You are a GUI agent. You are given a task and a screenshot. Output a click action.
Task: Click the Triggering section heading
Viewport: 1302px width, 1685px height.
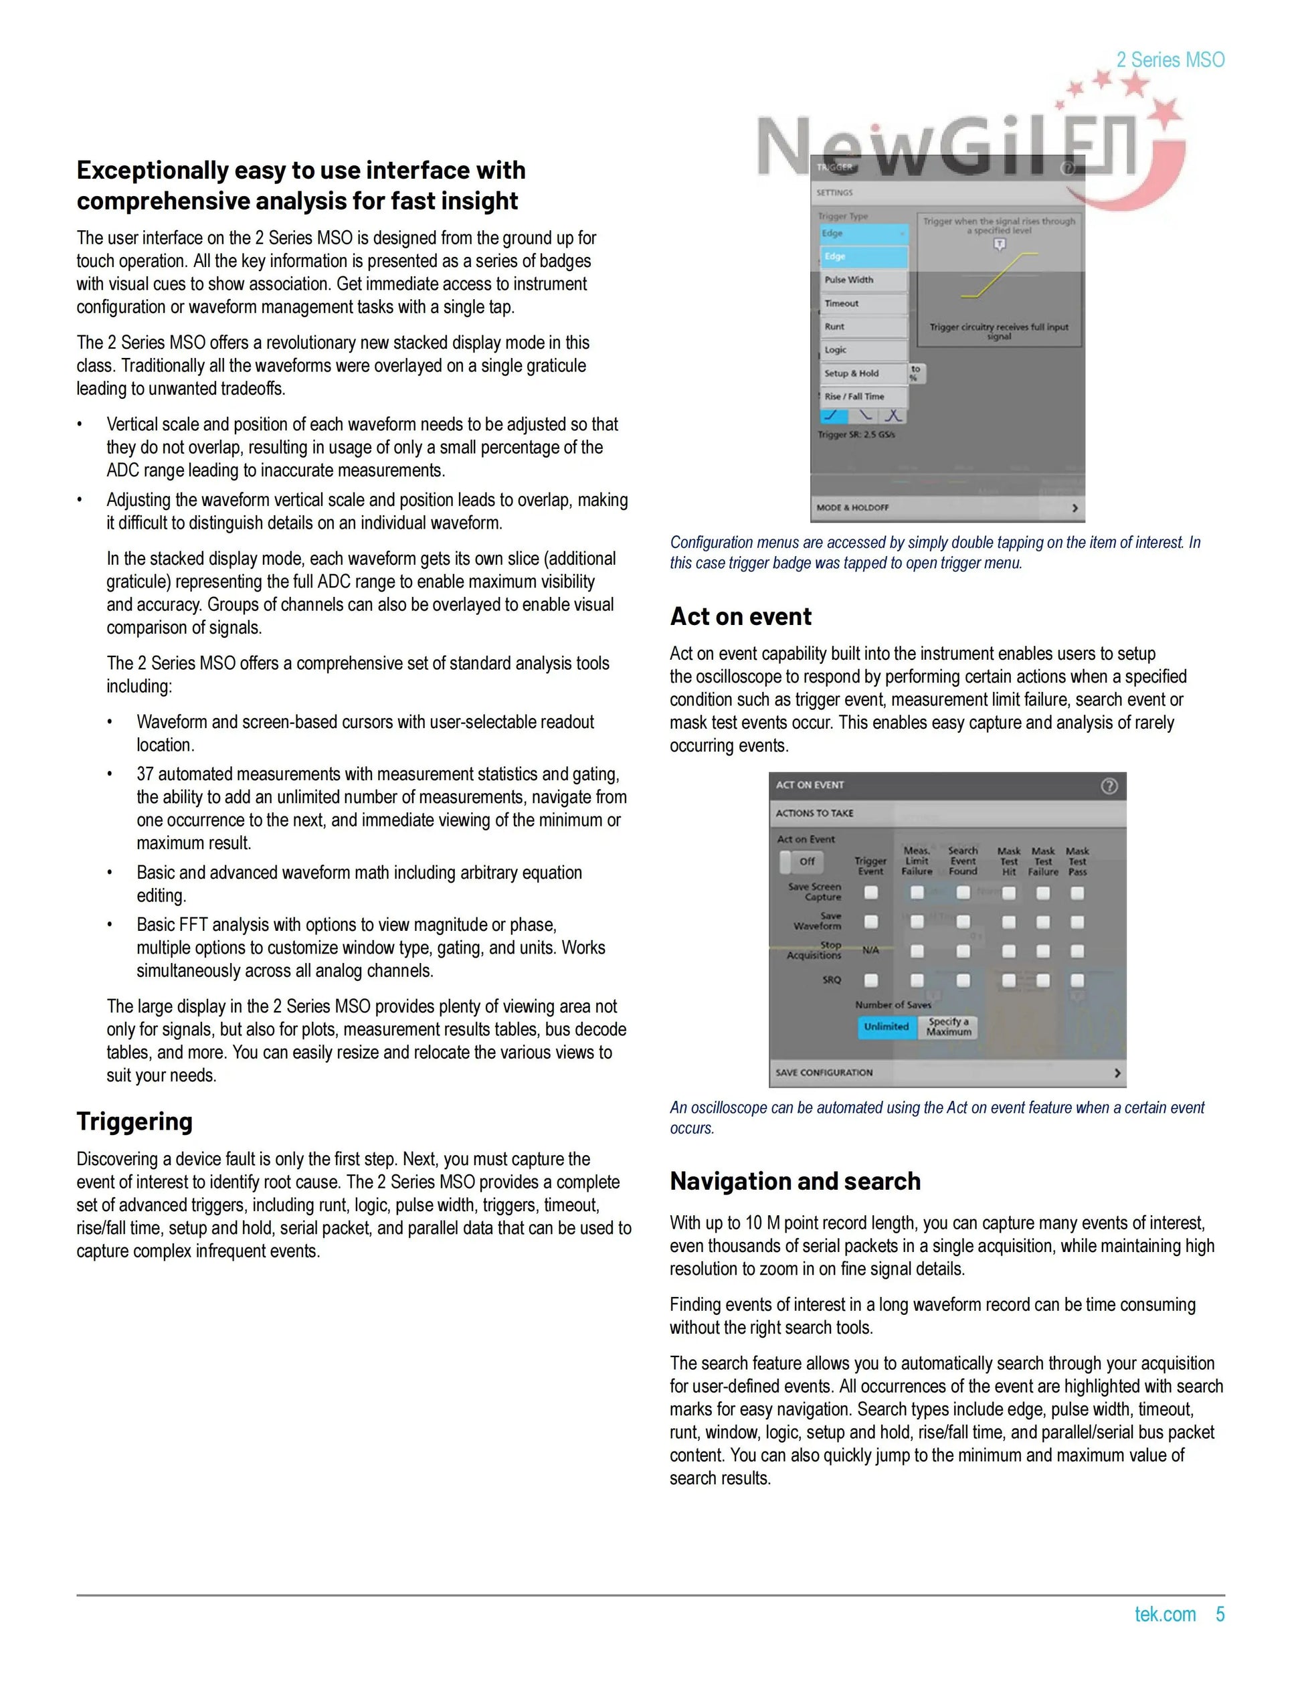(134, 1121)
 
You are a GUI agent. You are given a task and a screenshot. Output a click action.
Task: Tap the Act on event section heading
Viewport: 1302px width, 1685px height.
(741, 616)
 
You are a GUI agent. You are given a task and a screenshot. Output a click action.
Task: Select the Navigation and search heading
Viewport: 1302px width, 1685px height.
(796, 1181)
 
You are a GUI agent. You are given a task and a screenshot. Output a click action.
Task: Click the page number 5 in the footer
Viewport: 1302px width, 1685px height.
(1220, 1614)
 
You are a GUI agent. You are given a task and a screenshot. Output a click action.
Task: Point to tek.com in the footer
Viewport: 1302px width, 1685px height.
(1165, 1614)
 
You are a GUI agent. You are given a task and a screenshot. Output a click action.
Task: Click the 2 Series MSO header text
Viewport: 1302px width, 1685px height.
(1170, 60)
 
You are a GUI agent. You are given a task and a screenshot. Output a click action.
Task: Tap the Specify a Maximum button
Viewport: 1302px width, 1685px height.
(948, 1027)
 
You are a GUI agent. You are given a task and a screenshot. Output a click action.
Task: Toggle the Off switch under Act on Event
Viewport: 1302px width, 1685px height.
(801, 861)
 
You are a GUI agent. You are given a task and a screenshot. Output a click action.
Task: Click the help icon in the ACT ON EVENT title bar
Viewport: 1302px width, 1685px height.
(1109, 786)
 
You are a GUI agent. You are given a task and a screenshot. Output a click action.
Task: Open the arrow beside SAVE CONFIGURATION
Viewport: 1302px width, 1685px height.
(1117, 1073)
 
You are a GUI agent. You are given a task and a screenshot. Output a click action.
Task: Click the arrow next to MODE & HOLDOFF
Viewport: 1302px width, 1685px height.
(1075, 508)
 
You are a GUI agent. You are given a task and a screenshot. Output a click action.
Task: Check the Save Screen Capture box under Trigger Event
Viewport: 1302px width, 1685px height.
(871, 893)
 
